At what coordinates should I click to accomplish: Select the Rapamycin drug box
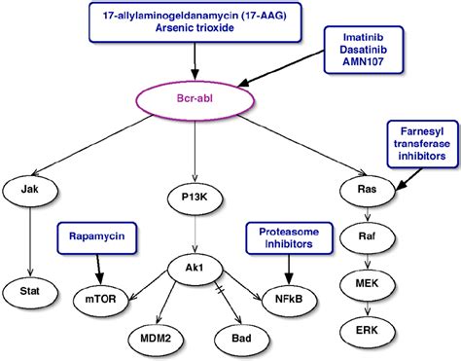[x=96, y=235]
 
